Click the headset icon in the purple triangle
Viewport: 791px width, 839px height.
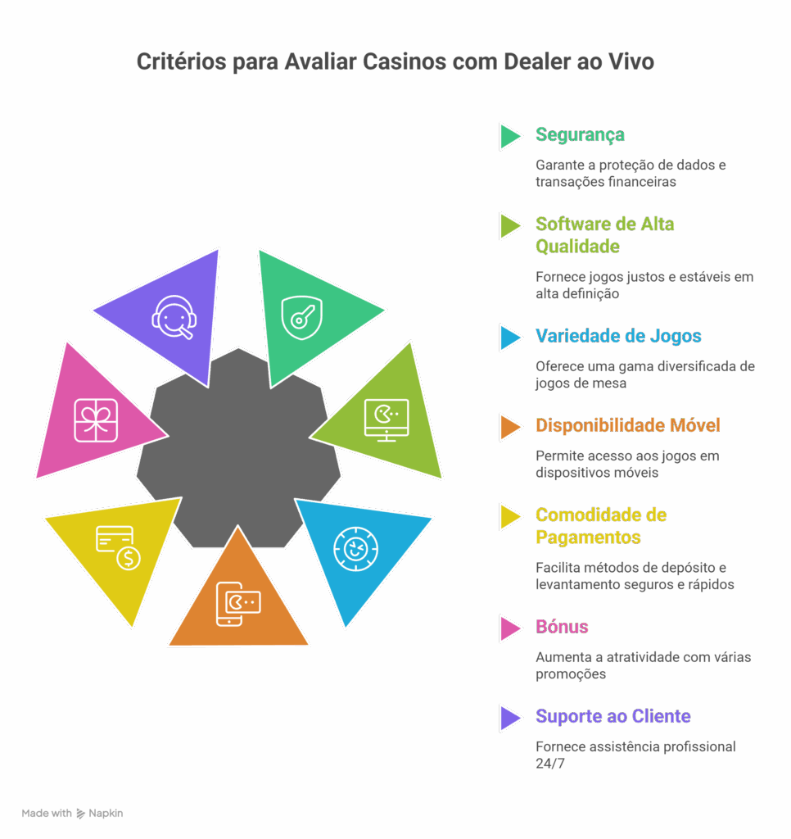point(174,316)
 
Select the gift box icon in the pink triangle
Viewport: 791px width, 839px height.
point(97,419)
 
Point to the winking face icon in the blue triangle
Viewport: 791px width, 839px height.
point(355,548)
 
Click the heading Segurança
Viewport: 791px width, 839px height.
point(580,135)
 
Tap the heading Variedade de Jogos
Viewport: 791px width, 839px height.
point(618,336)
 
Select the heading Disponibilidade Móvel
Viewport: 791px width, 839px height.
point(627,426)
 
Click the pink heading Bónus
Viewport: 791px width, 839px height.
point(562,627)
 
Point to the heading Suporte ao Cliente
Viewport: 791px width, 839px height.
point(613,717)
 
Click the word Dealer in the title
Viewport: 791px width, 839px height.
point(490,63)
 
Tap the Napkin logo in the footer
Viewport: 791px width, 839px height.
point(80,814)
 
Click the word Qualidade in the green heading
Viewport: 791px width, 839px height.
point(577,246)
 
